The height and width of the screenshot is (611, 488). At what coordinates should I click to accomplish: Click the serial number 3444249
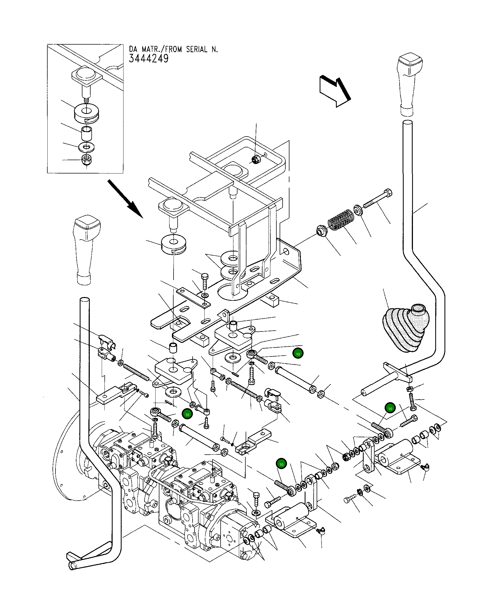pyautogui.click(x=149, y=59)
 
